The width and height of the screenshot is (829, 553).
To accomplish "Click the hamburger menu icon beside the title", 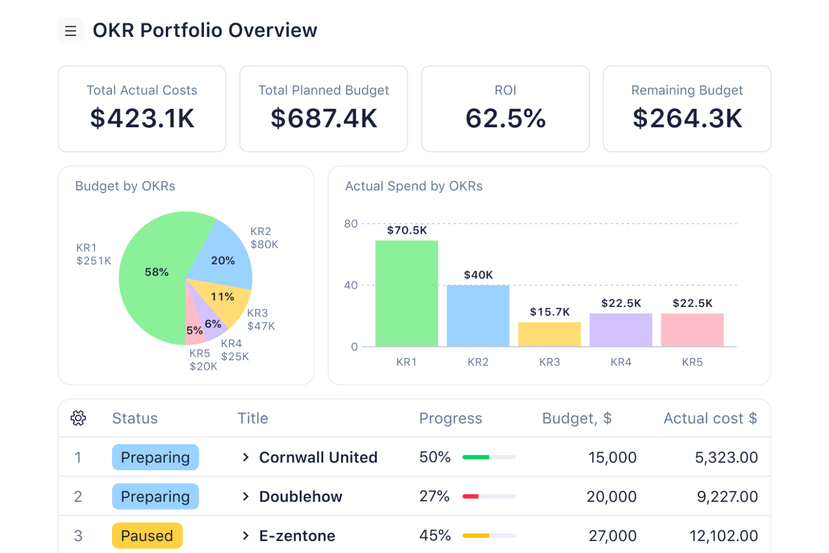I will (71, 31).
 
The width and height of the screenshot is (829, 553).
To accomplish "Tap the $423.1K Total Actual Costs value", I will (142, 119).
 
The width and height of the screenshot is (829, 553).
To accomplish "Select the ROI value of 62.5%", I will (505, 119).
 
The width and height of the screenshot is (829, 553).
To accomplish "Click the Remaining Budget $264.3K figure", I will (687, 119).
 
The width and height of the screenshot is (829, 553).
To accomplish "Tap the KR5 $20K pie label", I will (203, 360).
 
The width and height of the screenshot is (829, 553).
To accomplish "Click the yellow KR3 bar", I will (549, 334).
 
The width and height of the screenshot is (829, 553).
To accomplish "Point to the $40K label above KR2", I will (478, 275).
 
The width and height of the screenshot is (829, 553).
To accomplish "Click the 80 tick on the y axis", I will (351, 224).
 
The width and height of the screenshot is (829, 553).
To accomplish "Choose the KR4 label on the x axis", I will (621, 363).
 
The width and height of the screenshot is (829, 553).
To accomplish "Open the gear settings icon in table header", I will (78, 418).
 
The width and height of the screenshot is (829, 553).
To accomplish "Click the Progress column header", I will (450, 419).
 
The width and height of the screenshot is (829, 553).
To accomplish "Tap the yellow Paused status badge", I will (147, 536).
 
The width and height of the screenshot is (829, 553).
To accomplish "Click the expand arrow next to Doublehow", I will (245, 496).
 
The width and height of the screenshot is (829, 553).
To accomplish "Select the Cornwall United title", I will (318, 458).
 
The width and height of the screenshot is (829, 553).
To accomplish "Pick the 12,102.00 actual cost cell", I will (724, 536).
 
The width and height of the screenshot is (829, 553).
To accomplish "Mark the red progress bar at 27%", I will (471, 496).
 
